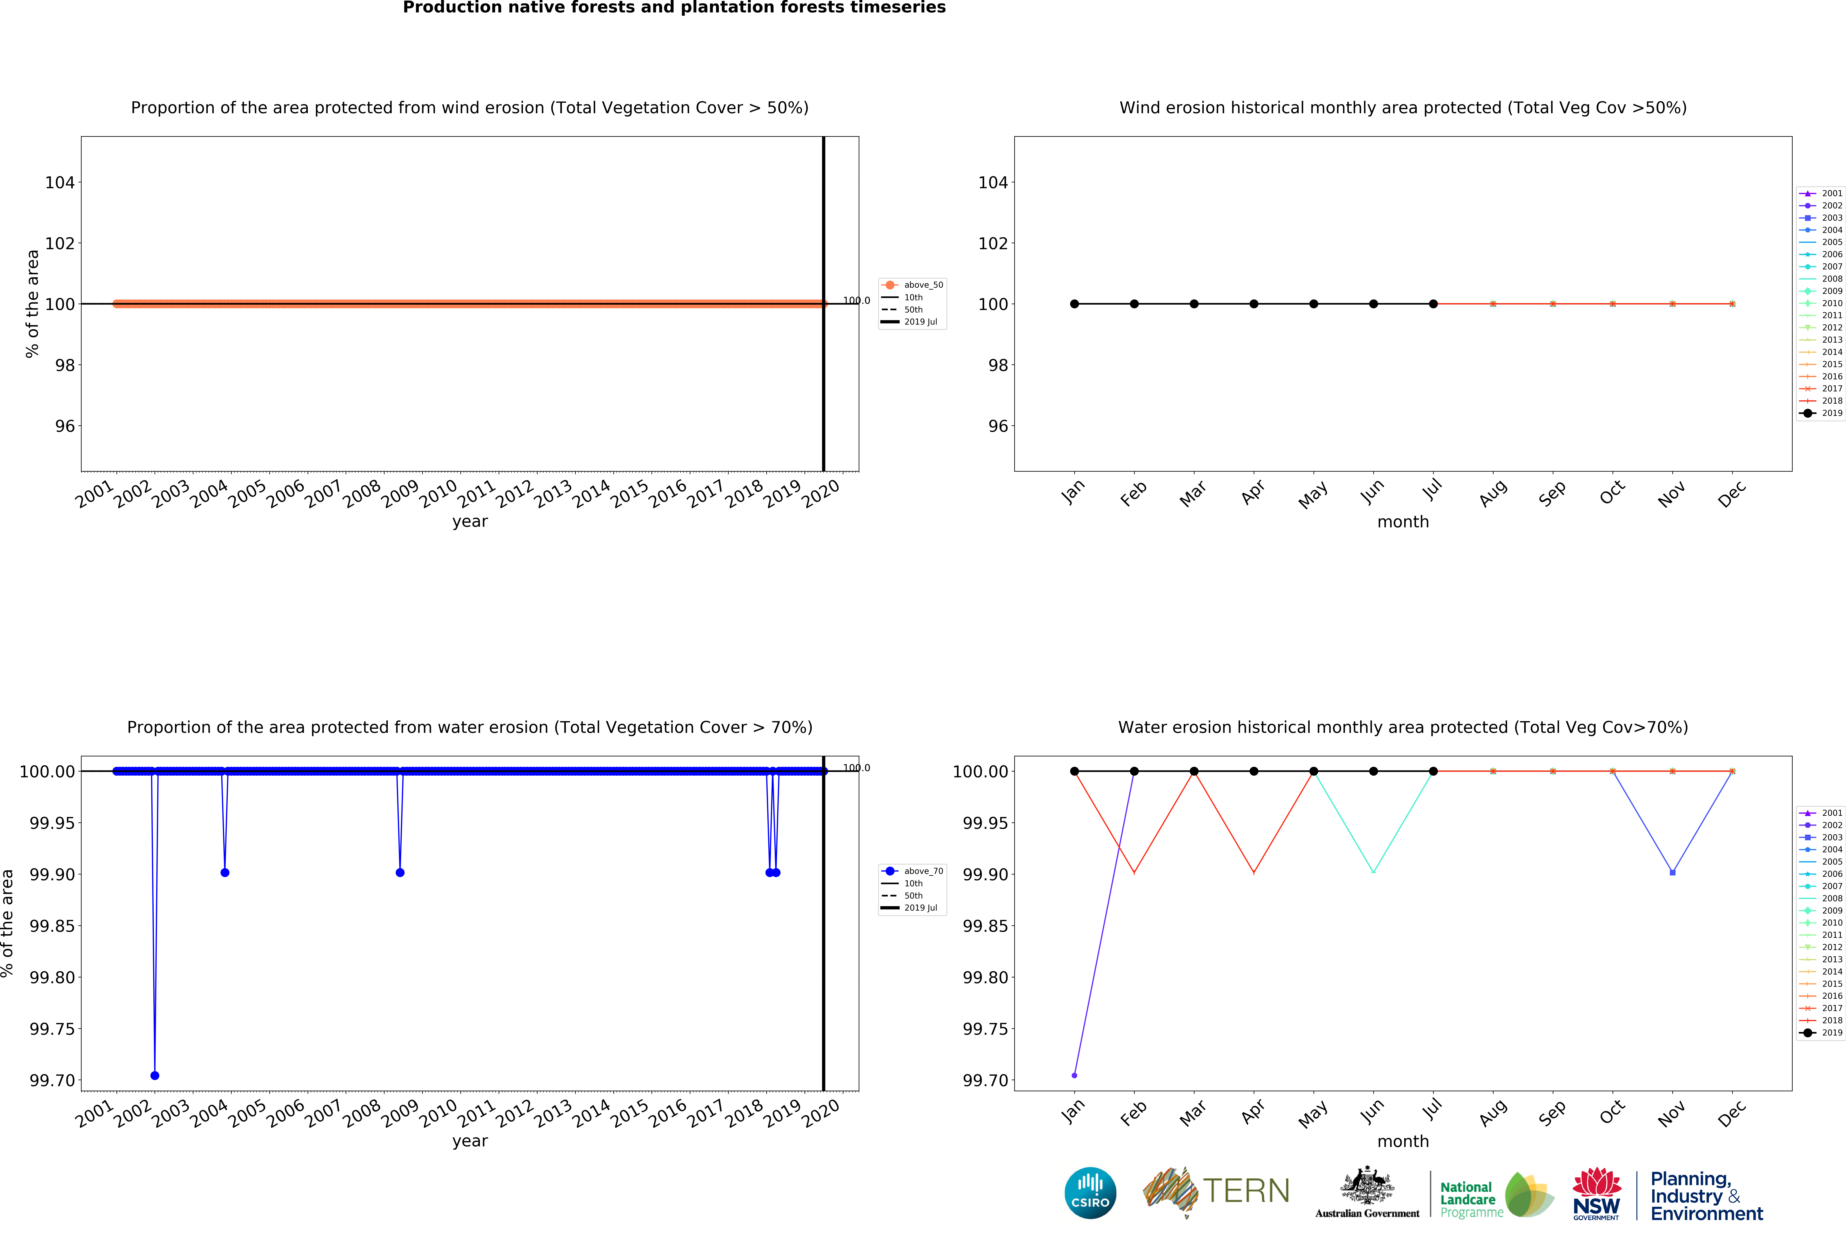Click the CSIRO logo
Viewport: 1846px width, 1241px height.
tap(1090, 1193)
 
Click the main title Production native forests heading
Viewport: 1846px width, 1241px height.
tap(674, 8)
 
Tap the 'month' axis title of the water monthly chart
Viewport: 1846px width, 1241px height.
tap(1403, 1141)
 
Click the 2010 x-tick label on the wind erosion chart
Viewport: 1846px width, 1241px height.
tap(438, 494)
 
